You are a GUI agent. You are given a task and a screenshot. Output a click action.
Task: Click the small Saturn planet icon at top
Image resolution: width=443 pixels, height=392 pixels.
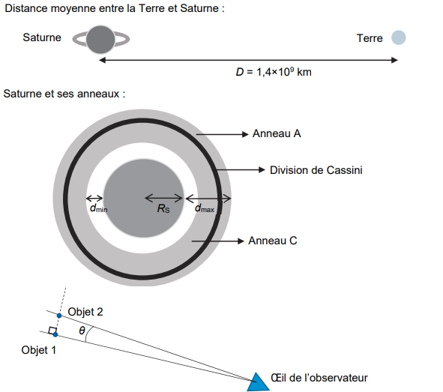pos(100,39)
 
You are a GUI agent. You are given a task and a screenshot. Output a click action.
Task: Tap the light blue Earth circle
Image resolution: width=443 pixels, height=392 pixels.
pos(398,37)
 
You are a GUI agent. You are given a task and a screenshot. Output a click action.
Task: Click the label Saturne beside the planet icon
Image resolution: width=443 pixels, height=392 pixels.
pos(42,37)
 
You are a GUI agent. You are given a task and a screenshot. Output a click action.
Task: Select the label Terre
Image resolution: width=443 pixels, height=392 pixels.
pos(370,38)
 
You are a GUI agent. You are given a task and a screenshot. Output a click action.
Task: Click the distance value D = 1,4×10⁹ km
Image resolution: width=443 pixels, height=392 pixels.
pos(274,72)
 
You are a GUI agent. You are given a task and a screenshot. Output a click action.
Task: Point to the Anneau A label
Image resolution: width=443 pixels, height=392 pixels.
pos(277,133)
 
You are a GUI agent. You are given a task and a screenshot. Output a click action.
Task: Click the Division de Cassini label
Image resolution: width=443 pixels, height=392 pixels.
pos(316,170)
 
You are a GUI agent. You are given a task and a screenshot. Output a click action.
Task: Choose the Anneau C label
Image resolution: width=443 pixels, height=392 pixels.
pos(273,241)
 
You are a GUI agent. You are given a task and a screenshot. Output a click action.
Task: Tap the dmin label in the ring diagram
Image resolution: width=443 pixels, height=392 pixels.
pos(98,208)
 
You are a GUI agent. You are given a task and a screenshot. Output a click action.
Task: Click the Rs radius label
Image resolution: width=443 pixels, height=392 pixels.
pos(163,208)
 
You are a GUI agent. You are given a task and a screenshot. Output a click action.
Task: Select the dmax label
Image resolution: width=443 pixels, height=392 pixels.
pos(205,208)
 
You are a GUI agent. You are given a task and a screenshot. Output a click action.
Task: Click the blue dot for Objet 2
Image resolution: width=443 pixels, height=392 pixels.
pos(59,316)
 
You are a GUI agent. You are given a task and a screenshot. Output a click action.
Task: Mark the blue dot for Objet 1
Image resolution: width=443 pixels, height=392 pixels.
pos(55,335)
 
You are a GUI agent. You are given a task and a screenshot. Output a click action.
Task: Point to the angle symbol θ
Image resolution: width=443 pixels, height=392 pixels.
pos(82,330)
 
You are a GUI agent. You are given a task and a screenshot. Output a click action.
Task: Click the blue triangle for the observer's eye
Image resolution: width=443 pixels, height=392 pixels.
pos(258,383)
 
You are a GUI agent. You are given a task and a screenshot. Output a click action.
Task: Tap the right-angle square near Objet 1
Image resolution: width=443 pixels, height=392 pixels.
pos(52,331)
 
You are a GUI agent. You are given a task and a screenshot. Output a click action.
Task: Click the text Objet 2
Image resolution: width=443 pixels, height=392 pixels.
pos(85,312)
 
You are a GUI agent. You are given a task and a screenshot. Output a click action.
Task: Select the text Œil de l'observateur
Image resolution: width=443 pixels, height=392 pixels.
pos(319,378)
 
